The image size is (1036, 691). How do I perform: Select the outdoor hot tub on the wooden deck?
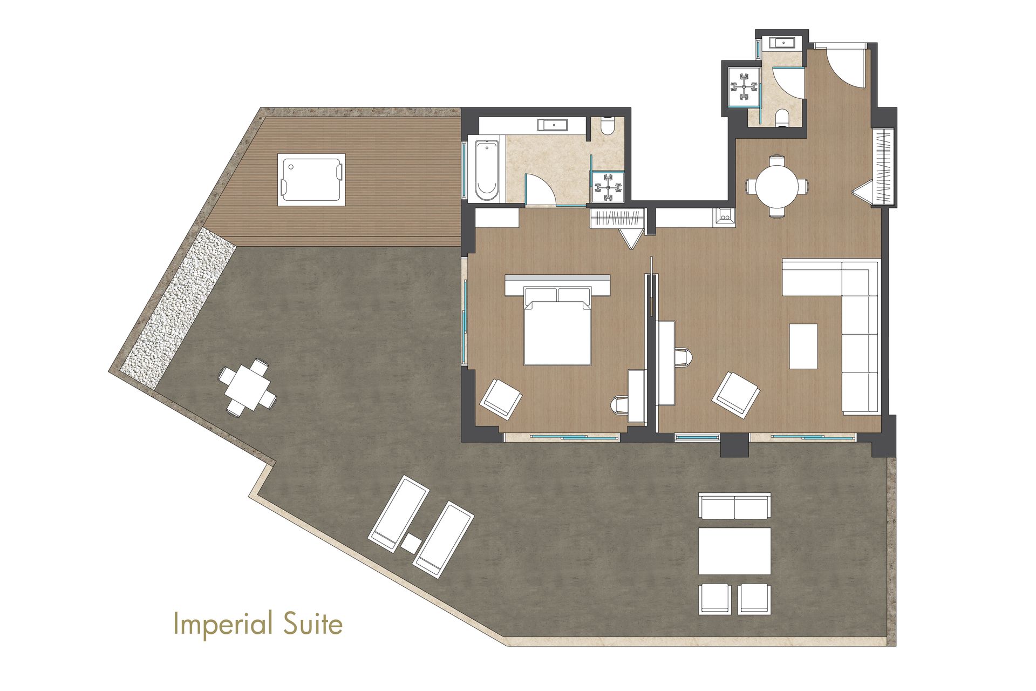(311, 179)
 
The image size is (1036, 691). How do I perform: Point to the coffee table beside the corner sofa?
(803, 346)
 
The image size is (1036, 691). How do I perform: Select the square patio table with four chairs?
(248, 388)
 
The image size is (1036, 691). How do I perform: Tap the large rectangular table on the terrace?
(734, 551)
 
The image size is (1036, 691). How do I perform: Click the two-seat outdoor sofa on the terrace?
(734, 506)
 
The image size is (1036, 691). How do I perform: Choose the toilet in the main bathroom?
(607, 125)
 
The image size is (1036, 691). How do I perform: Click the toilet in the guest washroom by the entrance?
(782, 118)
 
